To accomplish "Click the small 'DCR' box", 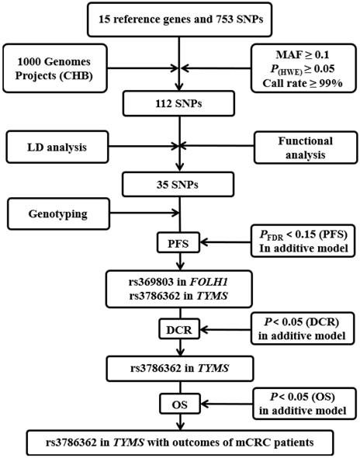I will [180, 330].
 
